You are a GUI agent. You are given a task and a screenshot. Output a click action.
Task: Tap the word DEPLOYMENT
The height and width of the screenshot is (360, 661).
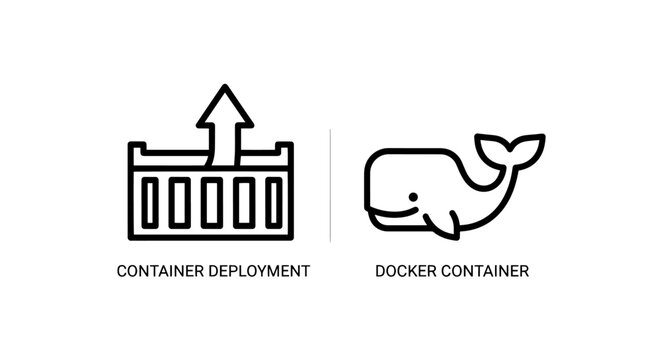tap(255, 271)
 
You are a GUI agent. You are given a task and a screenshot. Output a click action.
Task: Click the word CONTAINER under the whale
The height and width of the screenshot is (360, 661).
tap(485, 271)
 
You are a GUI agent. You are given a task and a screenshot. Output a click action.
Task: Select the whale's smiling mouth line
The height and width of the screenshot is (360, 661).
tap(395, 213)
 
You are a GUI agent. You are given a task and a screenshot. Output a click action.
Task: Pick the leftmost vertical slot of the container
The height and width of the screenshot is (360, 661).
tap(150, 203)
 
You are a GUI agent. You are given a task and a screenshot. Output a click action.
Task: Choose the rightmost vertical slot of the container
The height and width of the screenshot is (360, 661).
tap(274, 203)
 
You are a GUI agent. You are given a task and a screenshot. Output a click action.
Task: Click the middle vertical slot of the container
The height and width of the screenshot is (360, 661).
tap(211, 203)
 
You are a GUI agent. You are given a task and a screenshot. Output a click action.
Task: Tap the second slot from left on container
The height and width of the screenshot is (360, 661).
tap(180, 203)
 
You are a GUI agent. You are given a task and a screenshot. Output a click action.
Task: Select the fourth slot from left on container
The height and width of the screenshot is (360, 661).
tap(243, 203)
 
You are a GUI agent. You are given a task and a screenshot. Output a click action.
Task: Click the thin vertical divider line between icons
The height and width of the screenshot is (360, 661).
tap(331, 185)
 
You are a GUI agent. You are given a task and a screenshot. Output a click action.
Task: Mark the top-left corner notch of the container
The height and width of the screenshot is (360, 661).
tap(137, 150)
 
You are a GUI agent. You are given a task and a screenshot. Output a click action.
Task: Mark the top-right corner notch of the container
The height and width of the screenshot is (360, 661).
tap(285, 150)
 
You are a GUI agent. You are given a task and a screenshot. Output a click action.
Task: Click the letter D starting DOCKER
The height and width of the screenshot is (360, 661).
tap(380, 271)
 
